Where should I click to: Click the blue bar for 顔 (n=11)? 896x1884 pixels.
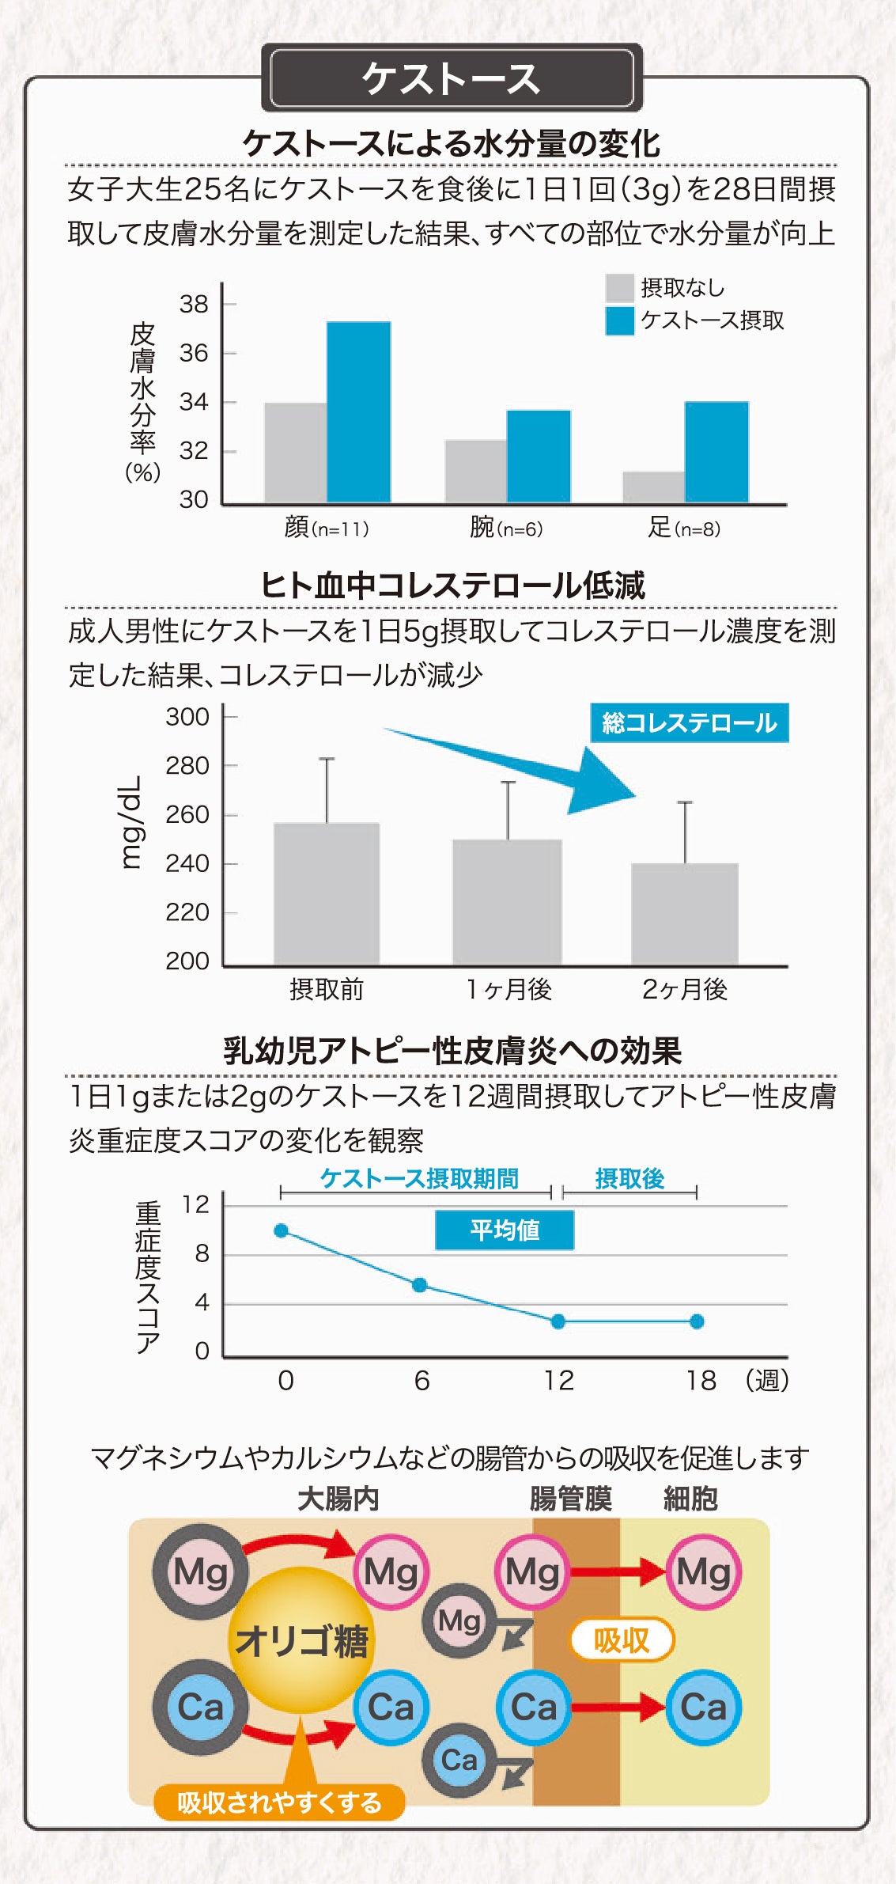tap(358, 411)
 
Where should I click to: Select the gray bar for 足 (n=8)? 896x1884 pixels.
tap(653, 487)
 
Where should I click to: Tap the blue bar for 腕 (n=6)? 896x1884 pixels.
tap(538, 456)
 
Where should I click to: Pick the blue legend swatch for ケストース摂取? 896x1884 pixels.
tap(619, 320)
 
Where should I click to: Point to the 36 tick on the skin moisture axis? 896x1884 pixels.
tap(194, 353)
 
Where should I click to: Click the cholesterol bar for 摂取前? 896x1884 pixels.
tap(327, 894)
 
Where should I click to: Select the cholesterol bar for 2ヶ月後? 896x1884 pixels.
tap(685, 914)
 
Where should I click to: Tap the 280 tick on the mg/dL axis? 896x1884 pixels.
tap(187, 766)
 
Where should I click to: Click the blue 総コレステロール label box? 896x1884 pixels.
tap(689, 722)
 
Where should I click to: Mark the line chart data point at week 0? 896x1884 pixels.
tap(282, 1230)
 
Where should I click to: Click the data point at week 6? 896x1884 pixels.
tap(420, 1285)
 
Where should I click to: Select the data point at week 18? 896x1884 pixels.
tap(697, 1321)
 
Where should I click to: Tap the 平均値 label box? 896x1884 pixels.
tap(505, 1230)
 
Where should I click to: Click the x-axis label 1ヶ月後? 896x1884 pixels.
tap(508, 989)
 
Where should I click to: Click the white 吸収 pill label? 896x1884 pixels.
tap(622, 1641)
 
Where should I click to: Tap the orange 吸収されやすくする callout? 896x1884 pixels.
tap(279, 1802)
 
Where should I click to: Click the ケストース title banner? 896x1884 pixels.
tap(451, 79)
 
